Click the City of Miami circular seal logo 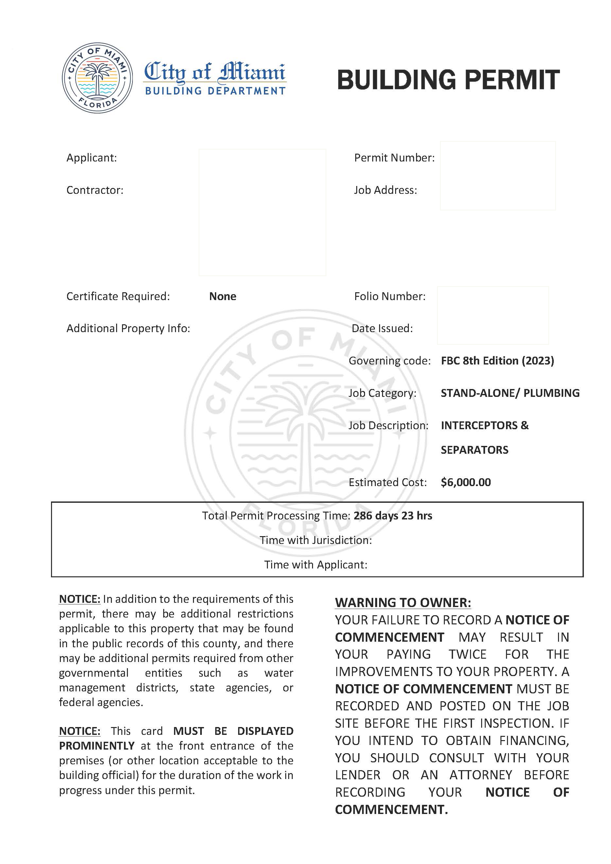pyautogui.click(x=97, y=78)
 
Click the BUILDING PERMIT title pyautogui.click(x=448, y=80)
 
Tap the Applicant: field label pyautogui.click(x=92, y=158)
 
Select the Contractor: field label pyautogui.click(x=95, y=190)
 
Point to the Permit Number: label pyautogui.click(x=394, y=158)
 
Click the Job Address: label pyautogui.click(x=385, y=190)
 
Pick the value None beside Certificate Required pyautogui.click(x=222, y=296)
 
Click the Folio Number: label pyautogui.click(x=390, y=296)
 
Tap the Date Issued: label pyautogui.click(x=382, y=329)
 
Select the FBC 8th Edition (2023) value pyautogui.click(x=497, y=361)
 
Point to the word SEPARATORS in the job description pyautogui.click(x=474, y=450)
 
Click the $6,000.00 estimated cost pyautogui.click(x=466, y=483)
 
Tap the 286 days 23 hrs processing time pyautogui.click(x=393, y=516)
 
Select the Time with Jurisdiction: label pyautogui.click(x=316, y=540)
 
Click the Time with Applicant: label pyautogui.click(x=316, y=565)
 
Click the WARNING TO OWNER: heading pyautogui.click(x=403, y=603)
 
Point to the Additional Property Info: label pyautogui.click(x=128, y=329)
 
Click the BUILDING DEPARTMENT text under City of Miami pyautogui.click(x=215, y=91)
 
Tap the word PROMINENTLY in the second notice pyautogui.click(x=97, y=746)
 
